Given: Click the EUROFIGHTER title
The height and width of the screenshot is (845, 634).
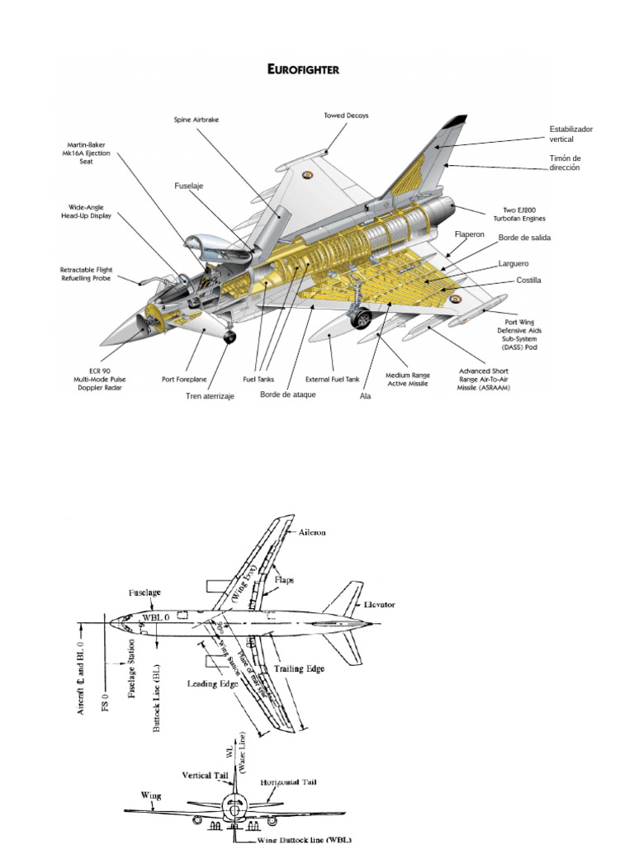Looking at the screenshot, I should click(x=303, y=70).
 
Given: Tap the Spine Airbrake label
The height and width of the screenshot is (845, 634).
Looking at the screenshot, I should click(x=196, y=120).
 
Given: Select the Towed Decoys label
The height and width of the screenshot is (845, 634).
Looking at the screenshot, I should click(x=346, y=116).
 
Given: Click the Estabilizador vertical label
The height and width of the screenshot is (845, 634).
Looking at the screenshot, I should click(x=571, y=135).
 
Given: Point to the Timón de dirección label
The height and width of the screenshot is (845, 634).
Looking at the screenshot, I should click(x=565, y=163).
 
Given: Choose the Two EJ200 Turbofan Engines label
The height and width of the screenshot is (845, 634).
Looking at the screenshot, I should click(x=524, y=214).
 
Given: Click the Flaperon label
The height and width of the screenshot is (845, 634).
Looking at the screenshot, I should click(x=469, y=234).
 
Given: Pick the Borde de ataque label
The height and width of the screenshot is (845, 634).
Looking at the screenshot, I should click(x=287, y=394).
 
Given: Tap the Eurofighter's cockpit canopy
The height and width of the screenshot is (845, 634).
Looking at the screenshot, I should click(x=204, y=245).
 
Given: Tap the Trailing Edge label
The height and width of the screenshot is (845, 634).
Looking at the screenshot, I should click(x=300, y=668).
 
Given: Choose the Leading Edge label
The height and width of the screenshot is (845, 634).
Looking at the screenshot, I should click(x=213, y=683).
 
